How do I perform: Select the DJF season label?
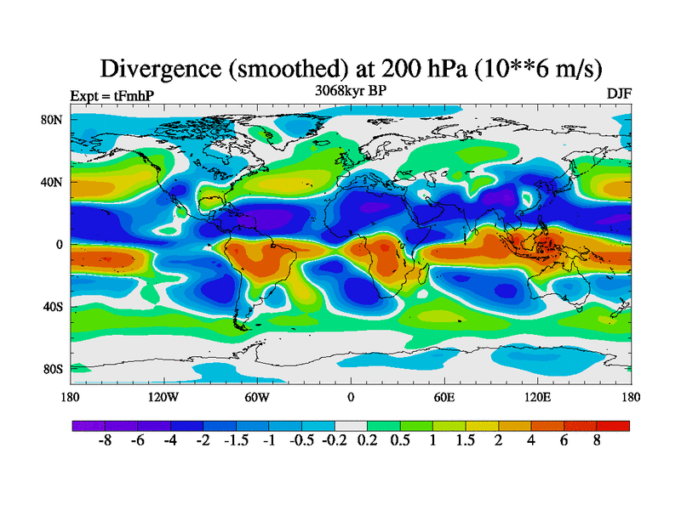click(618, 93)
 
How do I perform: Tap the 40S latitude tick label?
click(53, 306)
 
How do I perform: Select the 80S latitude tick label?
click(53, 369)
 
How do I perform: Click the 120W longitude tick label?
click(163, 396)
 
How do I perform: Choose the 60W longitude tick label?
click(257, 396)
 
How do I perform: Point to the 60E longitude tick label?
click(444, 396)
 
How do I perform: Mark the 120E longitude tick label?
click(537, 396)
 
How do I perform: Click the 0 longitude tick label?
click(351, 396)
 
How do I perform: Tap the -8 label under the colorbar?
click(105, 442)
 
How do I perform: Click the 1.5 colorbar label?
click(466, 442)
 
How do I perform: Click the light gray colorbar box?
click(351, 426)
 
